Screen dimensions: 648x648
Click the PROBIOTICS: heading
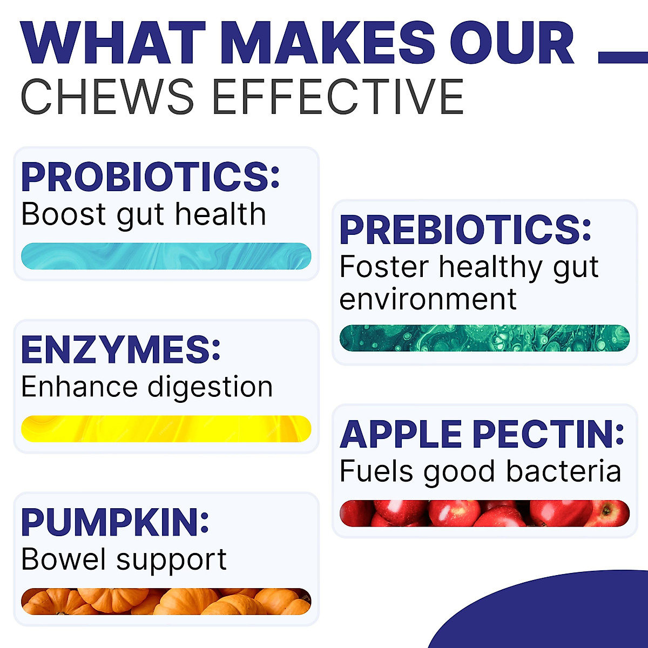(x=150, y=177)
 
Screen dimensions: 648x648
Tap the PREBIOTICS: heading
(x=465, y=230)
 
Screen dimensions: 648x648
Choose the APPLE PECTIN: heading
(x=482, y=434)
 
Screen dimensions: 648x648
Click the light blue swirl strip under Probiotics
(x=166, y=256)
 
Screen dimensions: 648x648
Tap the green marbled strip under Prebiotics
(x=484, y=338)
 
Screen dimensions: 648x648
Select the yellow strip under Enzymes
(x=166, y=429)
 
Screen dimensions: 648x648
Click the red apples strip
(x=484, y=513)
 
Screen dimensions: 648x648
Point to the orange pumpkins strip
(x=166, y=602)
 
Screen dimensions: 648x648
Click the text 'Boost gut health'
(x=144, y=214)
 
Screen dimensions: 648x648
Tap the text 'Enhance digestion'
(x=147, y=387)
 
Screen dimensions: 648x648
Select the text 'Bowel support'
(x=124, y=560)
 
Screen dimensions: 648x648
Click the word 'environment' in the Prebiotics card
(x=428, y=299)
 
